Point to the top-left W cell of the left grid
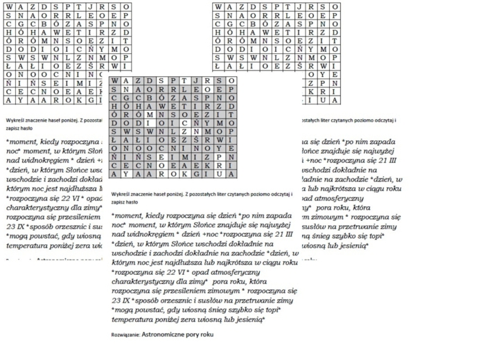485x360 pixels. pyautogui.click(x=10, y=6)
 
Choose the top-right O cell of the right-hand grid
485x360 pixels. pyautogui.click(x=336, y=6)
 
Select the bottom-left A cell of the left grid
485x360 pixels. pyautogui.click(x=10, y=100)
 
